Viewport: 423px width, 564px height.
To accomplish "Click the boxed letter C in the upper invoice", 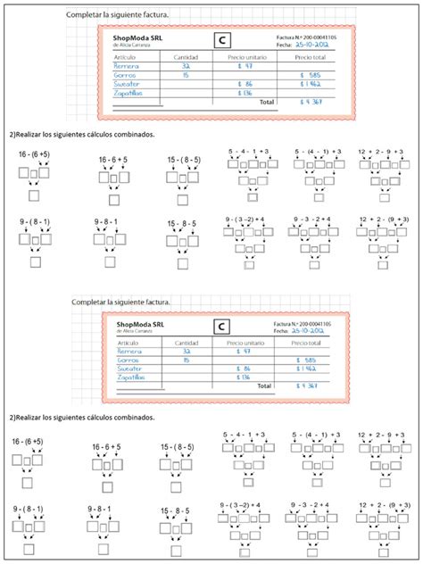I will [x=223, y=39].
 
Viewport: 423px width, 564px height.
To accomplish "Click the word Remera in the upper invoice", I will [x=127, y=65].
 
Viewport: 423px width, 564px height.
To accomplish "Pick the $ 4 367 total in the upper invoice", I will [x=309, y=103].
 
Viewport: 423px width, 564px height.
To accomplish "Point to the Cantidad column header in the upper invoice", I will [x=185, y=56].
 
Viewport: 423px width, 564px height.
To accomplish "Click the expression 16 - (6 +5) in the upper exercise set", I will [x=33, y=155].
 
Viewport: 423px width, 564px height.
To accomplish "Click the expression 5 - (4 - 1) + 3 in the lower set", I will [x=317, y=436].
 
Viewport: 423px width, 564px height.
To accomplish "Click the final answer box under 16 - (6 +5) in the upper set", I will [x=34, y=196].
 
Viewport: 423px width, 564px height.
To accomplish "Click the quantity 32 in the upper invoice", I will [x=185, y=65].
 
